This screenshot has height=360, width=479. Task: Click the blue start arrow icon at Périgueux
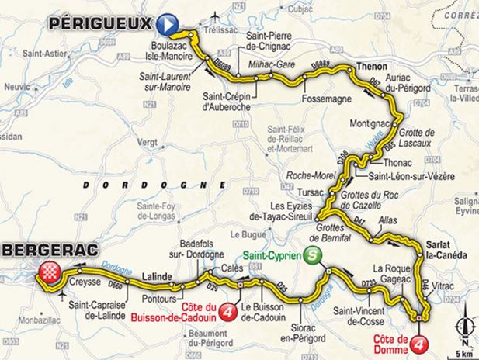[x=170, y=25]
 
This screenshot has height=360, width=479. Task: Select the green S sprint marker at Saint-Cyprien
[x=311, y=256]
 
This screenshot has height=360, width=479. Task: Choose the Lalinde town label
[x=158, y=274]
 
